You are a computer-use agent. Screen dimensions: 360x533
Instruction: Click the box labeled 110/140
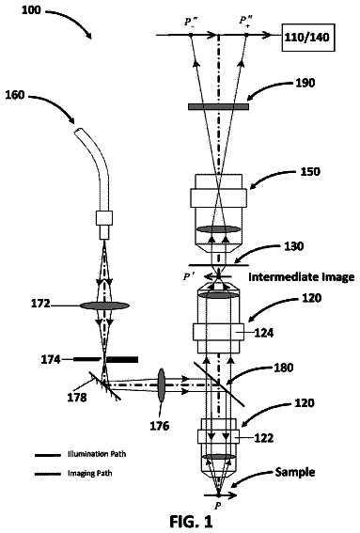tap(308, 38)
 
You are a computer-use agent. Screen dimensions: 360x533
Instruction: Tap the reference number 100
tap(31, 9)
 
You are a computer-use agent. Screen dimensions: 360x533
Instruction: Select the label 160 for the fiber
tap(15, 95)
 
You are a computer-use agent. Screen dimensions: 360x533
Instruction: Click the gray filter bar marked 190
tap(218, 107)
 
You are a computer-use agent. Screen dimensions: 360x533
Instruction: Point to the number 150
tap(310, 171)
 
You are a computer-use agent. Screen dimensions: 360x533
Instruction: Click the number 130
tap(293, 245)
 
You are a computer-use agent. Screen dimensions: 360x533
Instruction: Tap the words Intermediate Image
tap(301, 277)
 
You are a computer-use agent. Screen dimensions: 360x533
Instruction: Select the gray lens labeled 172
tap(104, 306)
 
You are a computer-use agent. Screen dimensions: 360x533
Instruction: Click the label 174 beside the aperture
tap(51, 359)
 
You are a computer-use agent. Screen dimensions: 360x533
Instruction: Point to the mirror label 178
tap(77, 397)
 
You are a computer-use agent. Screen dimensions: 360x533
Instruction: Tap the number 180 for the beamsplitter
tap(283, 368)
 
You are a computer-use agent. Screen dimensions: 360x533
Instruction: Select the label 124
tap(264, 333)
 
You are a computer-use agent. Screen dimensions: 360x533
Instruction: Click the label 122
tap(264, 438)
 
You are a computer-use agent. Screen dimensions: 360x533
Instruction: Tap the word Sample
tap(295, 472)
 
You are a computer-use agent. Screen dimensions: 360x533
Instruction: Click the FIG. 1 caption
tap(191, 521)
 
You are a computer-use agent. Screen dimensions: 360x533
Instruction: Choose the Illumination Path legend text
tap(97, 454)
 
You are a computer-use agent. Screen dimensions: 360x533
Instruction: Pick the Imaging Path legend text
tap(89, 473)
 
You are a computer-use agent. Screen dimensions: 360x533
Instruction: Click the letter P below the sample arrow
tap(218, 506)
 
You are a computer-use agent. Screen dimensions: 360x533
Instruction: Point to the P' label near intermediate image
tap(189, 276)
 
